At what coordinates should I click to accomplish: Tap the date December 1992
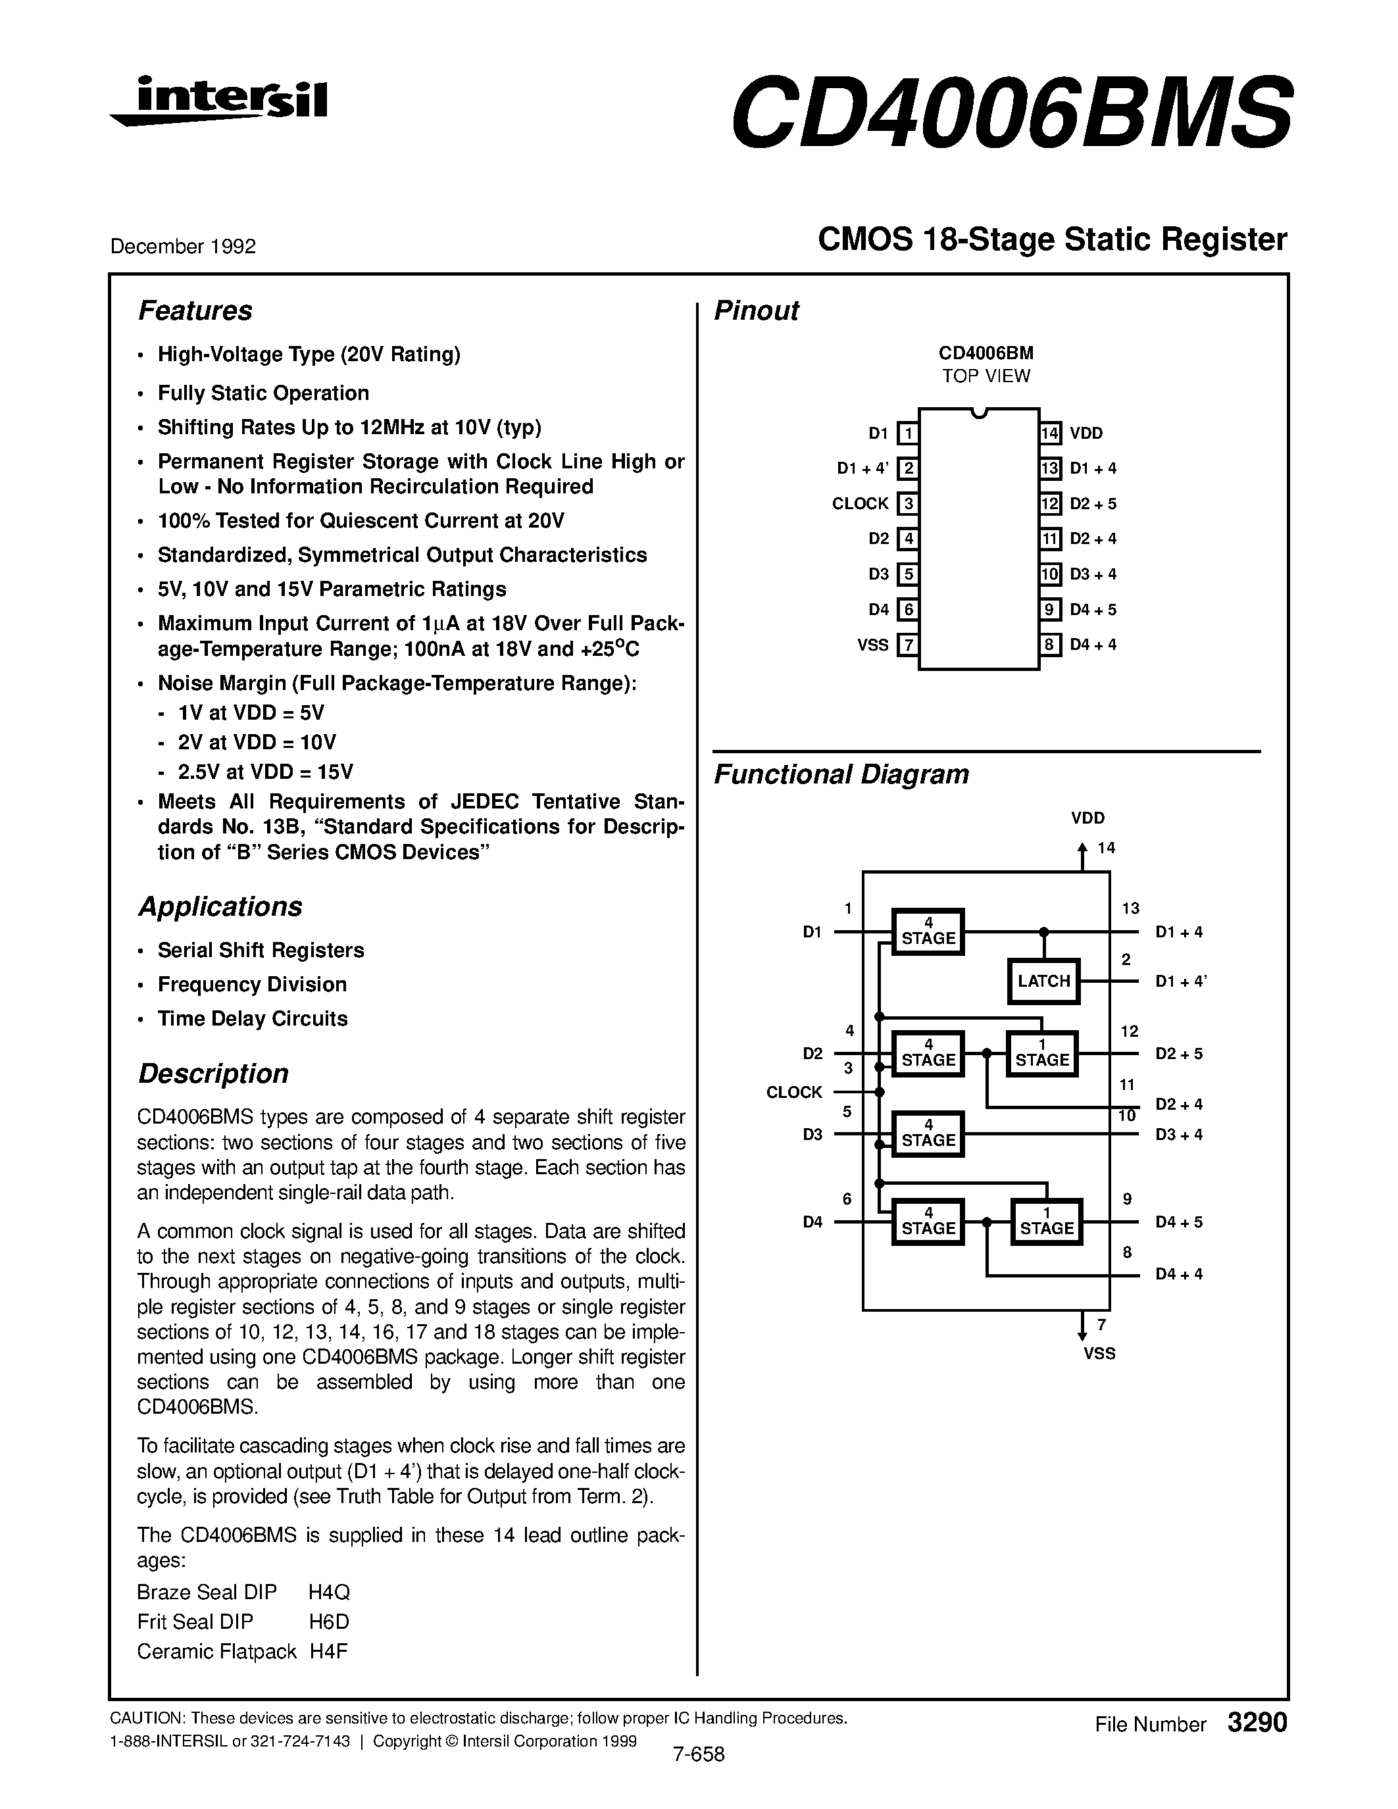coord(183,246)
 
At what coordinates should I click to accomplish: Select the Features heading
coord(195,310)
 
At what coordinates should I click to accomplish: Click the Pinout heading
coord(756,310)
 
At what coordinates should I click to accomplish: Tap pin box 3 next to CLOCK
coord(909,504)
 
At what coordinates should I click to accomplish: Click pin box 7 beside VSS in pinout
coord(909,645)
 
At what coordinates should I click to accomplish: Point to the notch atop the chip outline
coord(979,412)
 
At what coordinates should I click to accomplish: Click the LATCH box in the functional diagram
coord(1043,981)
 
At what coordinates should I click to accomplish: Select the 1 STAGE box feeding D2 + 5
coord(1042,1054)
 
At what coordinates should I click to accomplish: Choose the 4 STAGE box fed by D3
coord(928,1134)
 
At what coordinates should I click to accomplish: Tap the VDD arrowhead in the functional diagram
coord(1082,848)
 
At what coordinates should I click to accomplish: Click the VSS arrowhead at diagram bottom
coord(1082,1335)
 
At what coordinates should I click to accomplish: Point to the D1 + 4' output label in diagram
coord(1181,981)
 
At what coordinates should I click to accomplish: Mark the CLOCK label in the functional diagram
coord(794,1093)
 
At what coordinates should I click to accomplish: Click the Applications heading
coord(220,907)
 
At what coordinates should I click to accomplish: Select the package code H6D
coord(329,1622)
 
